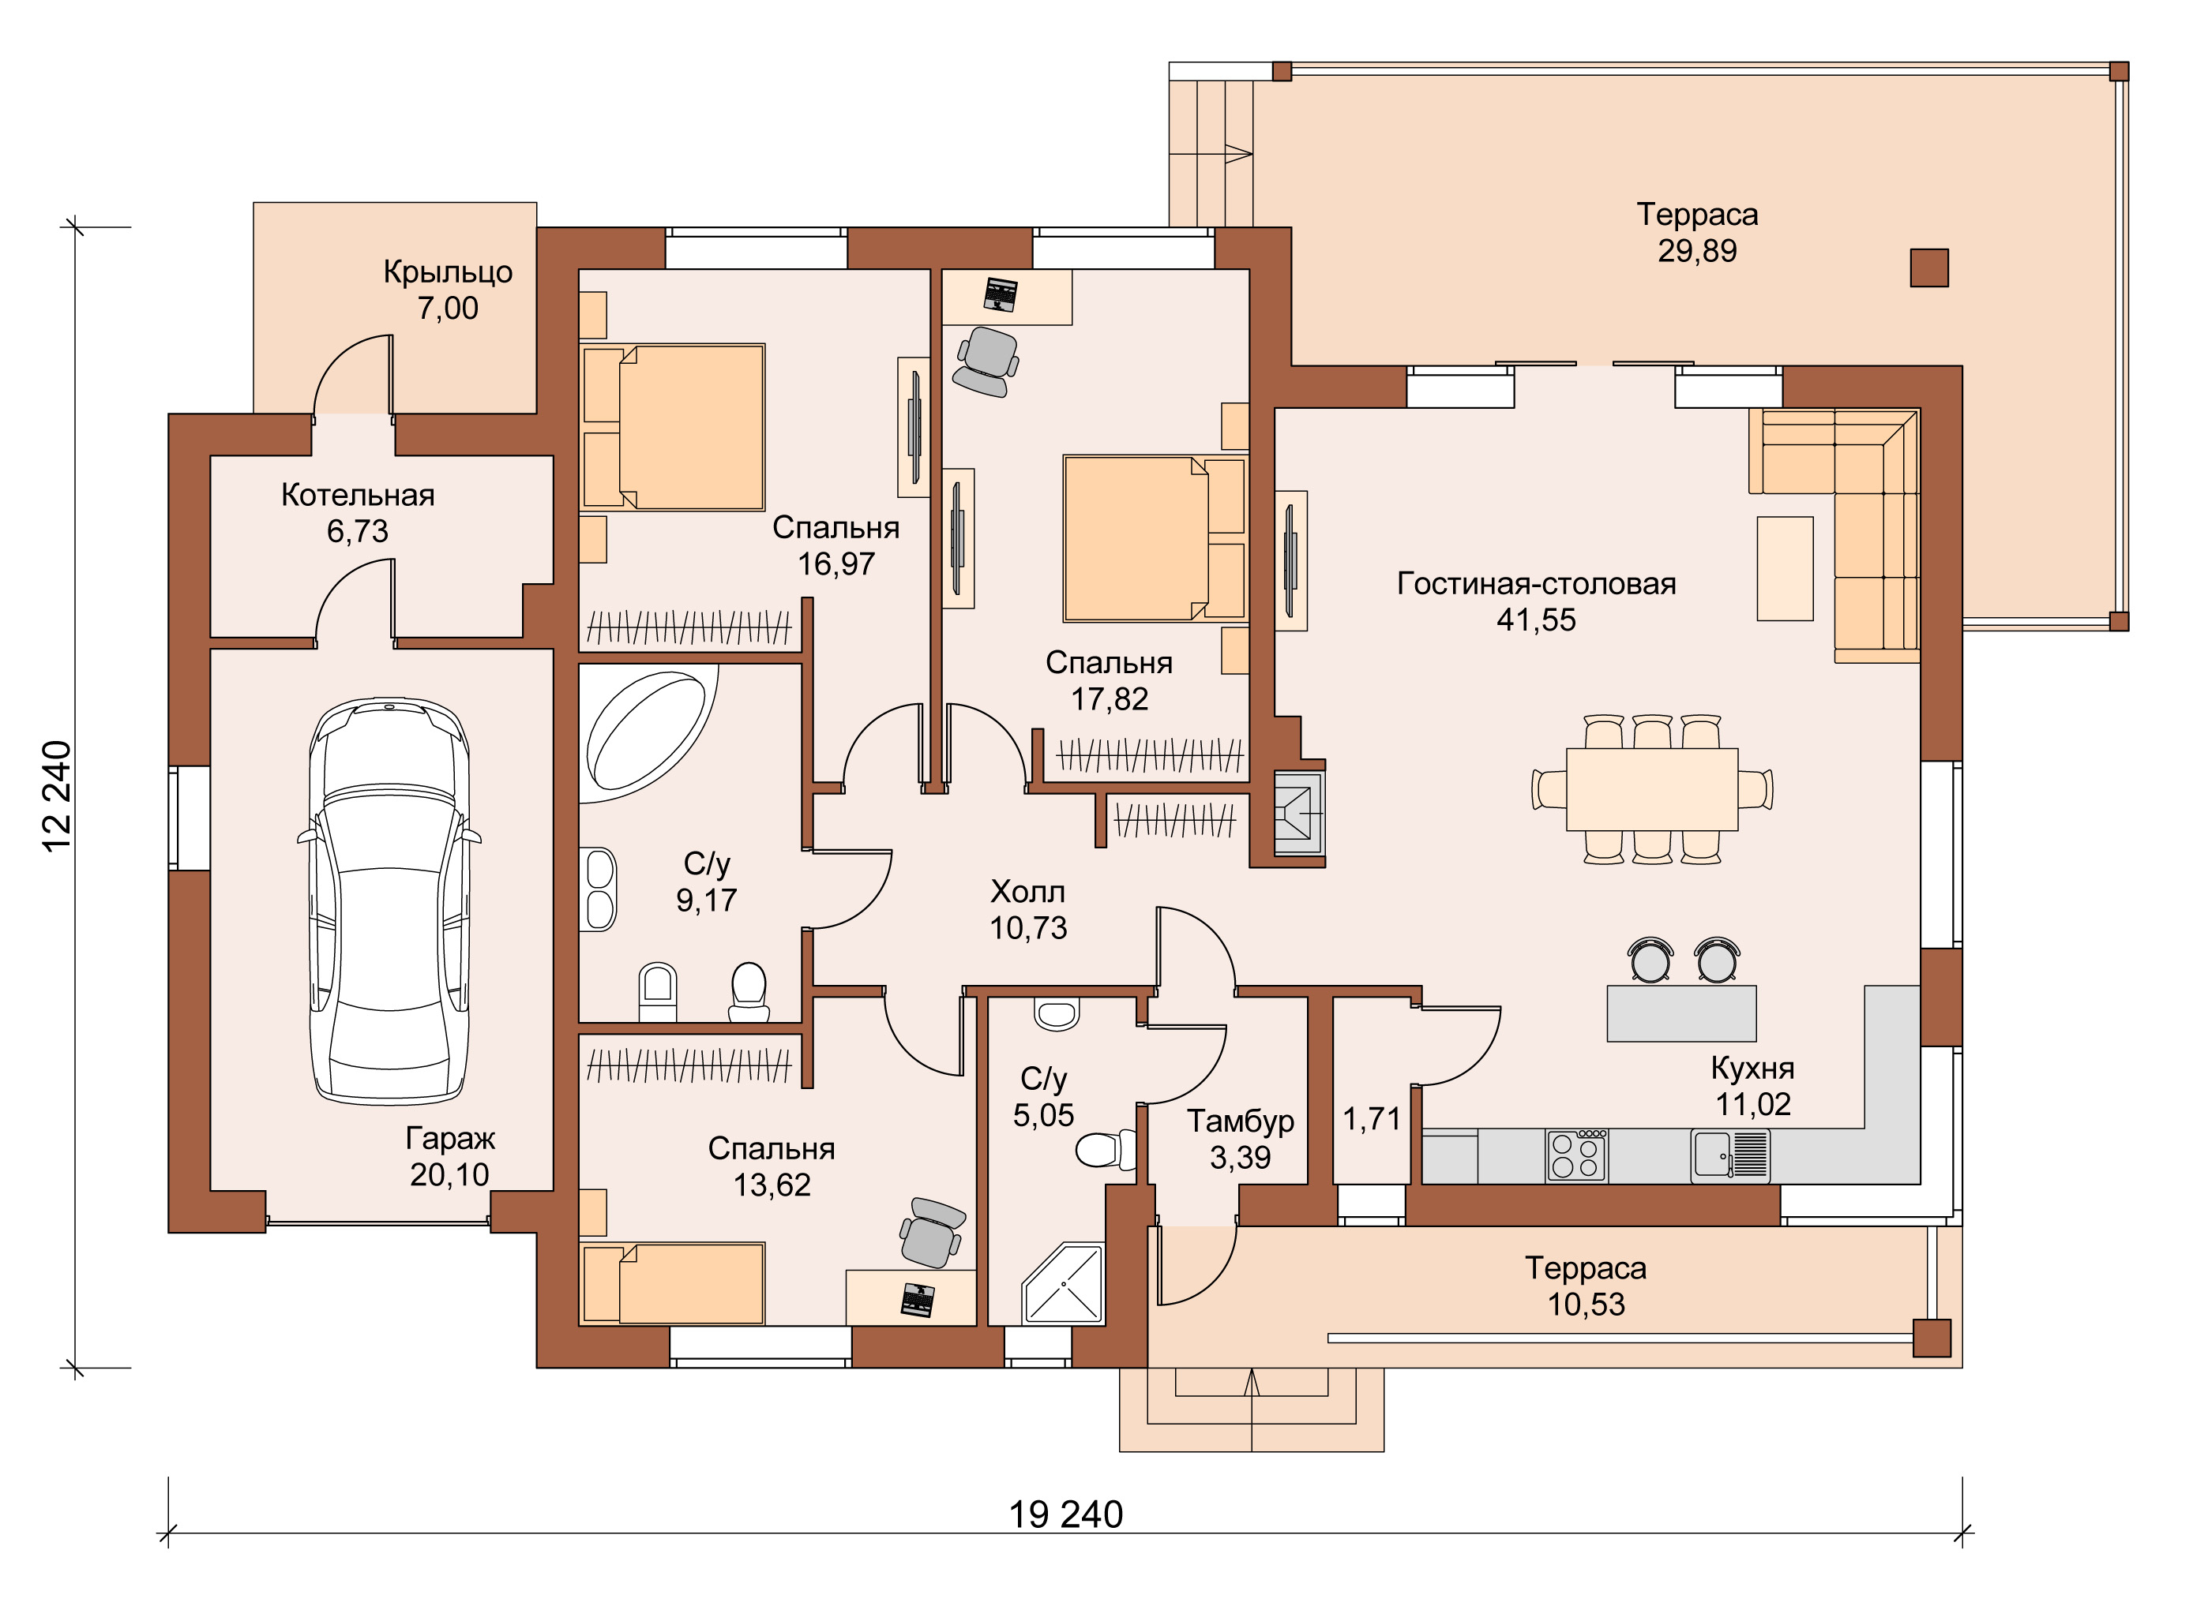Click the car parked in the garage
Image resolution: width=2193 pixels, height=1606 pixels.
389,901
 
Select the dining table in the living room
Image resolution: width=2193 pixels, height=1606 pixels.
1651,788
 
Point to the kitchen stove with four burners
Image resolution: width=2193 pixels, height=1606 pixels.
1576,1156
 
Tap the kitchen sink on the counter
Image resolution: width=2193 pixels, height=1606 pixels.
1730,1156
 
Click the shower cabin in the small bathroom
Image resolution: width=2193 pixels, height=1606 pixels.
1064,1283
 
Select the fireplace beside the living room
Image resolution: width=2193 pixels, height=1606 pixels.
1298,814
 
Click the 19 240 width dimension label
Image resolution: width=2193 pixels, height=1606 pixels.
1066,1514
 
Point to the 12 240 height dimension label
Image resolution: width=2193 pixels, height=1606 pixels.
56,796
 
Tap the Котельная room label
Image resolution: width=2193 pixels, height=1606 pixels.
358,495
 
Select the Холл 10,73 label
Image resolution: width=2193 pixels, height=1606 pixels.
1028,910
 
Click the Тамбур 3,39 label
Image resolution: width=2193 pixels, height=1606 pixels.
1240,1138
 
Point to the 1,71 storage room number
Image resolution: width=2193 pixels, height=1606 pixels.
1371,1119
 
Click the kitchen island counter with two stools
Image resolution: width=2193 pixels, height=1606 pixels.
1681,1013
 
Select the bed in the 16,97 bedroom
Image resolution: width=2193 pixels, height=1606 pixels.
672,427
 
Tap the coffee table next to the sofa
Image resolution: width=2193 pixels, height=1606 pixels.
1785,569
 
